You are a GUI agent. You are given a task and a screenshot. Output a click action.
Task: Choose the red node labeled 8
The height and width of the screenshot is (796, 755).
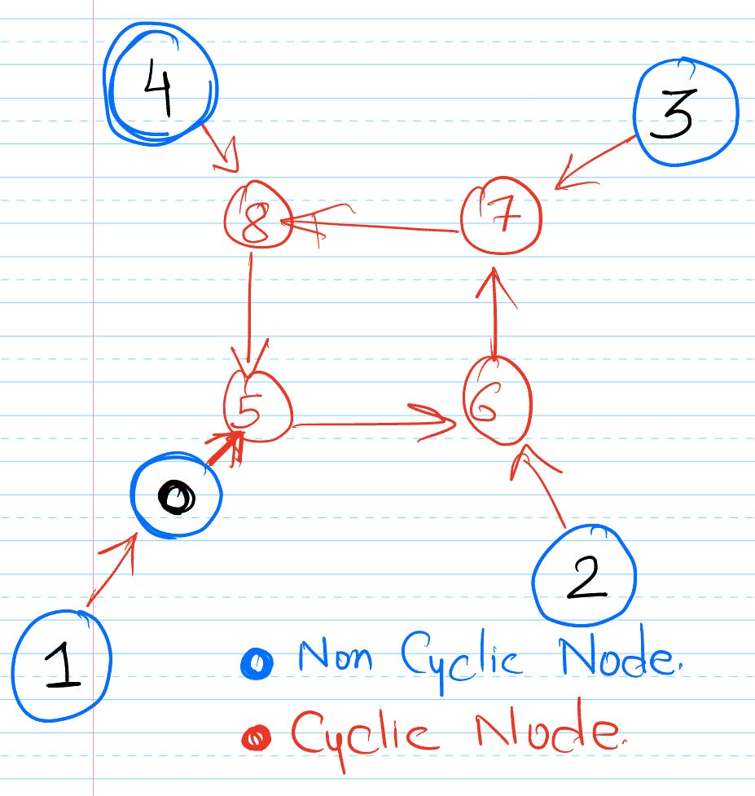pyautogui.click(x=257, y=217)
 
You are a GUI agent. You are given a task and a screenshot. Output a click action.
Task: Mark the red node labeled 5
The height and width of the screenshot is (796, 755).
pyautogui.click(x=258, y=406)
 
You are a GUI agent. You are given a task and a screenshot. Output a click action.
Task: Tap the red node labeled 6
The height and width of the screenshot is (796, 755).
pyautogui.click(x=497, y=402)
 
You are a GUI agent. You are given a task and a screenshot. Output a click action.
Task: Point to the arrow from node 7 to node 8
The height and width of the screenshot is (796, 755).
pyautogui.click(x=375, y=225)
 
